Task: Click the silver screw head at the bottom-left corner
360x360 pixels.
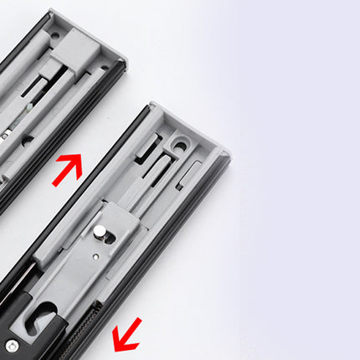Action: [11, 344]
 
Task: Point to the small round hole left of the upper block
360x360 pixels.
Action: [54, 36]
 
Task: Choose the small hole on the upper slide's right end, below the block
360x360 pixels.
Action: [102, 67]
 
